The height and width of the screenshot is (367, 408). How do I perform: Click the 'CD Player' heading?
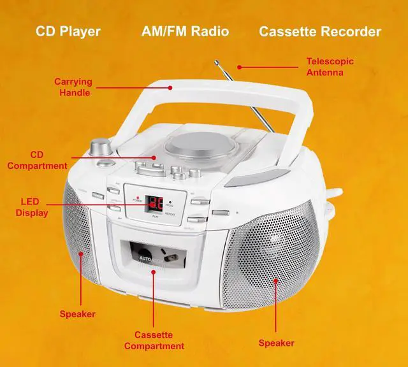pos(68,31)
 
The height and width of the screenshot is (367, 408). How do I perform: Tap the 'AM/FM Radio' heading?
pos(185,31)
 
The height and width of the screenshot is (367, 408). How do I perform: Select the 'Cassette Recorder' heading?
pos(319,31)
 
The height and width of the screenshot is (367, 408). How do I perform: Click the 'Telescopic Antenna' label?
pos(330,67)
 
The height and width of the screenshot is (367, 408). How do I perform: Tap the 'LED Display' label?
pos(31,207)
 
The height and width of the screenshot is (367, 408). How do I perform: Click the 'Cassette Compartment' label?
pos(154,340)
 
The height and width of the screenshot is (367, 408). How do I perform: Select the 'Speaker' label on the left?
pos(77,313)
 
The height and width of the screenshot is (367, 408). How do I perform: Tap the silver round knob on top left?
pos(99,148)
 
